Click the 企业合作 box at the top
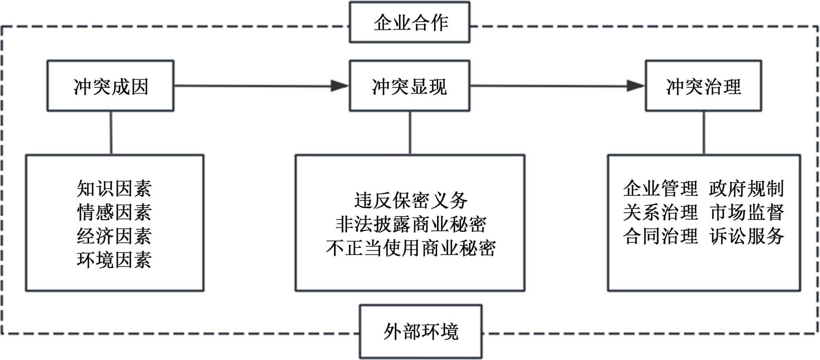(410, 23)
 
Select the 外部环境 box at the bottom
(421, 331)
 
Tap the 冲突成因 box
(110, 86)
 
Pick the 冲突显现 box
(410, 86)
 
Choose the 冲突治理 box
(704, 86)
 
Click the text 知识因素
(114, 189)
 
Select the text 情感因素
(114, 212)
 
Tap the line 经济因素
(114, 236)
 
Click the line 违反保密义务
(410, 201)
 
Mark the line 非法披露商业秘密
(410, 224)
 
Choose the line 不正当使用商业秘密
(410, 248)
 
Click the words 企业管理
(660, 189)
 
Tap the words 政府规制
(746, 189)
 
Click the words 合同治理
(660, 236)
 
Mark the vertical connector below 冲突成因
(111, 133)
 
